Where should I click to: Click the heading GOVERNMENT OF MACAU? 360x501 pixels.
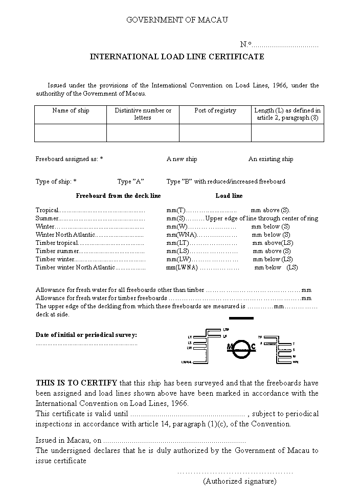[177, 20]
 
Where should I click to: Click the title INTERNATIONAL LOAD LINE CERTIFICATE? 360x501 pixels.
[177, 57]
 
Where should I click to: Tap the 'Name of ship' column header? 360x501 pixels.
[71, 110]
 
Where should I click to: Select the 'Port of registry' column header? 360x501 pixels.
[215, 110]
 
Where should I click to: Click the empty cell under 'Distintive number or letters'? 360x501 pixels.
[143, 133]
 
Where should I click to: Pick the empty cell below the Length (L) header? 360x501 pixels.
[287, 133]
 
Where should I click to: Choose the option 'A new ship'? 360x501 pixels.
[182, 159]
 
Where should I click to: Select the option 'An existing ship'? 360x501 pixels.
[271, 159]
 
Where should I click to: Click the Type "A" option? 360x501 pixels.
[130, 181]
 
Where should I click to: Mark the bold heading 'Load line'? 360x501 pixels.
[229, 196]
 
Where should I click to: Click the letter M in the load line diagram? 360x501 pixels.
[230, 348]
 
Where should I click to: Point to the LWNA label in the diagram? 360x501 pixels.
[186, 362]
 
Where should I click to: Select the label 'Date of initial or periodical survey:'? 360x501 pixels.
[86, 335]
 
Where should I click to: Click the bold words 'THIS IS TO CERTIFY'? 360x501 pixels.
[76, 383]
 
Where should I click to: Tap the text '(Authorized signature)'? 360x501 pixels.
[239, 481]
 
